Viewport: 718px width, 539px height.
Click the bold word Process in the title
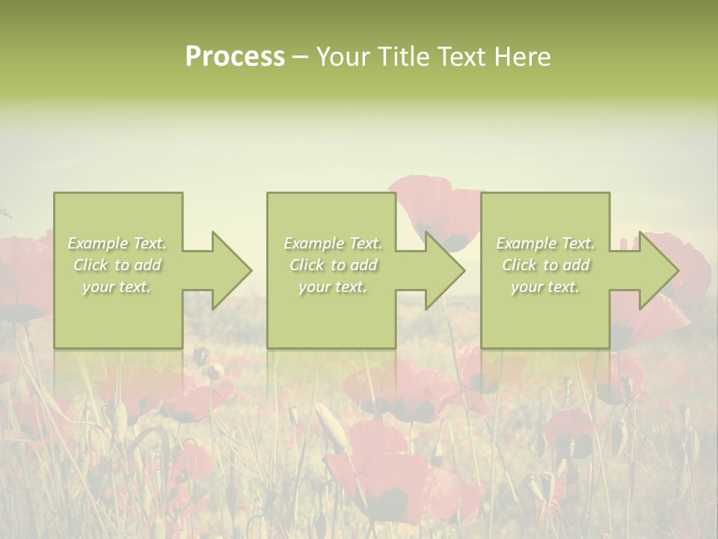tap(235, 57)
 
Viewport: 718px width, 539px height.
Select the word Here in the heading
tap(521, 57)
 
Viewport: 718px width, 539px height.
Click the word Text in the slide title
tap(463, 57)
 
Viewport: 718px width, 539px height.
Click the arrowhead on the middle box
tap(444, 270)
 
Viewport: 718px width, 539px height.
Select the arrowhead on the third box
tap(658, 270)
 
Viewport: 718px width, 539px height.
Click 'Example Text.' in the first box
tap(117, 243)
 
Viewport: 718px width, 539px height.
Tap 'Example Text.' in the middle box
tap(333, 243)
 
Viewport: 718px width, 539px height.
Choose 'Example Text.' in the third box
tap(545, 243)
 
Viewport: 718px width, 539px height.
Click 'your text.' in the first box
tap(117, 287)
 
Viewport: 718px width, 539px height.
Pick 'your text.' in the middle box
tap(332, 287)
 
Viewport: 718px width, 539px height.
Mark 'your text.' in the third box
tap(545, 287)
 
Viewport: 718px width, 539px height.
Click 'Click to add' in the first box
tap(117, 265)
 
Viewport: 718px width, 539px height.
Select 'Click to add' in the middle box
tap(333, 265)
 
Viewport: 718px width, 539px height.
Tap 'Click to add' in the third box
tap(546, 265)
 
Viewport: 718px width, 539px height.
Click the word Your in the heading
tap(343, 57)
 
